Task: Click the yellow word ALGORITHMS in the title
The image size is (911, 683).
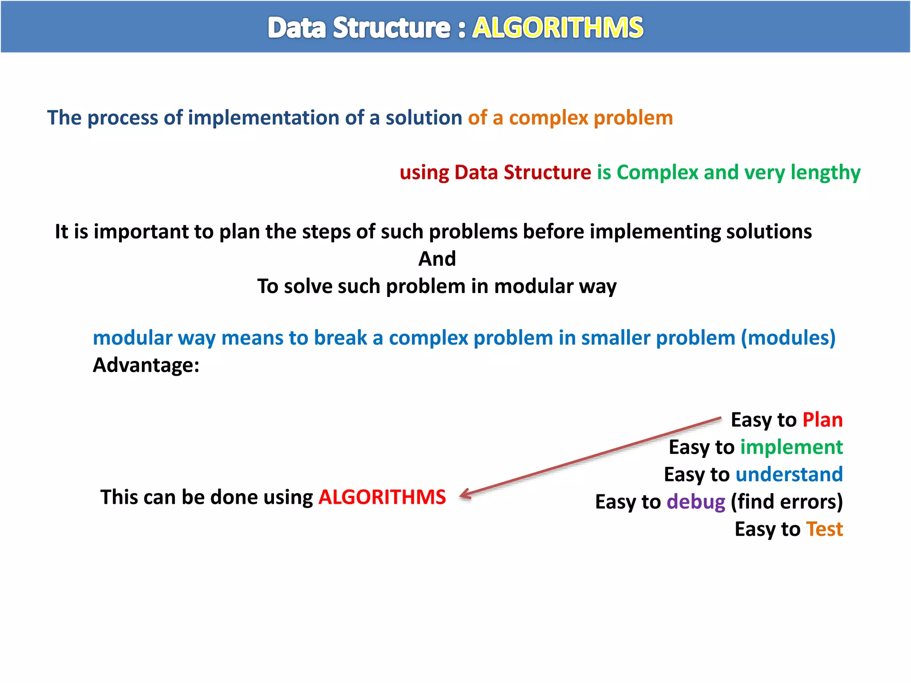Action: (557, 28)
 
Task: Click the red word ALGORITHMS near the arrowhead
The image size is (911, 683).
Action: (382, 497)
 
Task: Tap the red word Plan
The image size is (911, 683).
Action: (822, 420)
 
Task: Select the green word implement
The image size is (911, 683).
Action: (791, 447)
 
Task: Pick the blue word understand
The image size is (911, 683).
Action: (789, 474)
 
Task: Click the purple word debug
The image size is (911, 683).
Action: (696, 502)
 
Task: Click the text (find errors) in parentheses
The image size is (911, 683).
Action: (786, 502)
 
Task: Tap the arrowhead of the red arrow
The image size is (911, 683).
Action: (464, 494)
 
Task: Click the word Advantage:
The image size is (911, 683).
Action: (146, 366)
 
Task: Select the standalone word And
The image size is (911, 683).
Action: (437, 259)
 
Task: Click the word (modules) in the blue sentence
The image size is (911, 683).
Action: (788, 338)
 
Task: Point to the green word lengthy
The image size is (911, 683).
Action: (825, 173)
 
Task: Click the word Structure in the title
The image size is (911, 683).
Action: (391, 28)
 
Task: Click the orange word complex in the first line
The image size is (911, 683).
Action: (548, 118)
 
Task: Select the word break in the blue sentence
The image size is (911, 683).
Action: (340, 338)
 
